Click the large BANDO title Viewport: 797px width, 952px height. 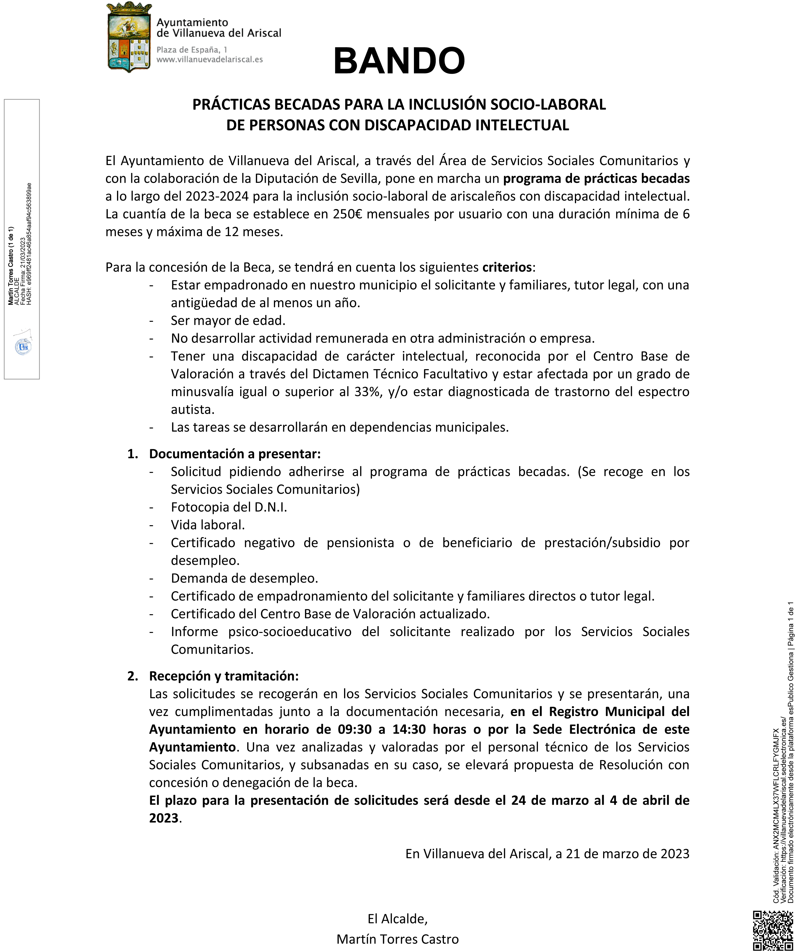tap(399, 61)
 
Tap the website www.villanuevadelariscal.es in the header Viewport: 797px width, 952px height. tap(210, 59)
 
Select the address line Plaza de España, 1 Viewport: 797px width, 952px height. tap(192, 49)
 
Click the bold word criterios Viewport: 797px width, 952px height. tap(506, 267)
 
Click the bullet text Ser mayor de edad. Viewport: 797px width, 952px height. tap(228, 321)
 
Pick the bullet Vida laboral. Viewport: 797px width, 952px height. tap(208, 525)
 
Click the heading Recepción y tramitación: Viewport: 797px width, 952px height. tap(224, 676)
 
